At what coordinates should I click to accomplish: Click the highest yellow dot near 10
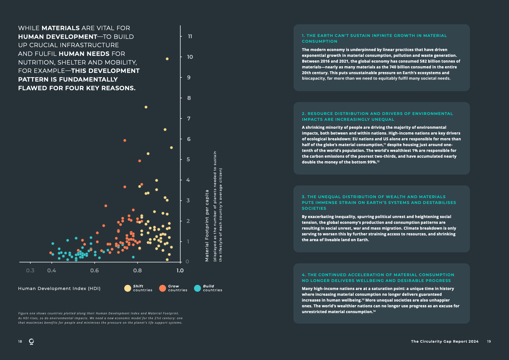(167, 59)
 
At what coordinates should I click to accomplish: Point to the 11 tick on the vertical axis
(190, 37)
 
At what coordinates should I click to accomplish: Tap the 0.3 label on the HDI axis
(30, 270)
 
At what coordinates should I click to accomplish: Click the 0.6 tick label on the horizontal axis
(94, 270)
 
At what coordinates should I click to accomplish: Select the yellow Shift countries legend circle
(128, 288)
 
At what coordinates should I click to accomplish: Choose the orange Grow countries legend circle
(163, 288)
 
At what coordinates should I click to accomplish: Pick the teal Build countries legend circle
(197, 288)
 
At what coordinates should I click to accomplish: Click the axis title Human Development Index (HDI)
(59, 288)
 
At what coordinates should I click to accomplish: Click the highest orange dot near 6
(125, 140)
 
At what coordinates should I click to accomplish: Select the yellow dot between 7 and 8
(146, 107)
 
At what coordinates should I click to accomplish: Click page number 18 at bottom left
(20, 341)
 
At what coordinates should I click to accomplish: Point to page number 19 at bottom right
(489, 341)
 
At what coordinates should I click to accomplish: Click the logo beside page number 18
(31, 341)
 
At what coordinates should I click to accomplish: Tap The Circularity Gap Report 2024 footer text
(444, 341)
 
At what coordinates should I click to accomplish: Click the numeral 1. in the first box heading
(303, 36)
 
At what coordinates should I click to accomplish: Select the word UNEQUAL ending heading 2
(383, 119)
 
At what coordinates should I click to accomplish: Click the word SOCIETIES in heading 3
(314, 208)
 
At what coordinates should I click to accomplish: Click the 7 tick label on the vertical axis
(189, 119)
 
